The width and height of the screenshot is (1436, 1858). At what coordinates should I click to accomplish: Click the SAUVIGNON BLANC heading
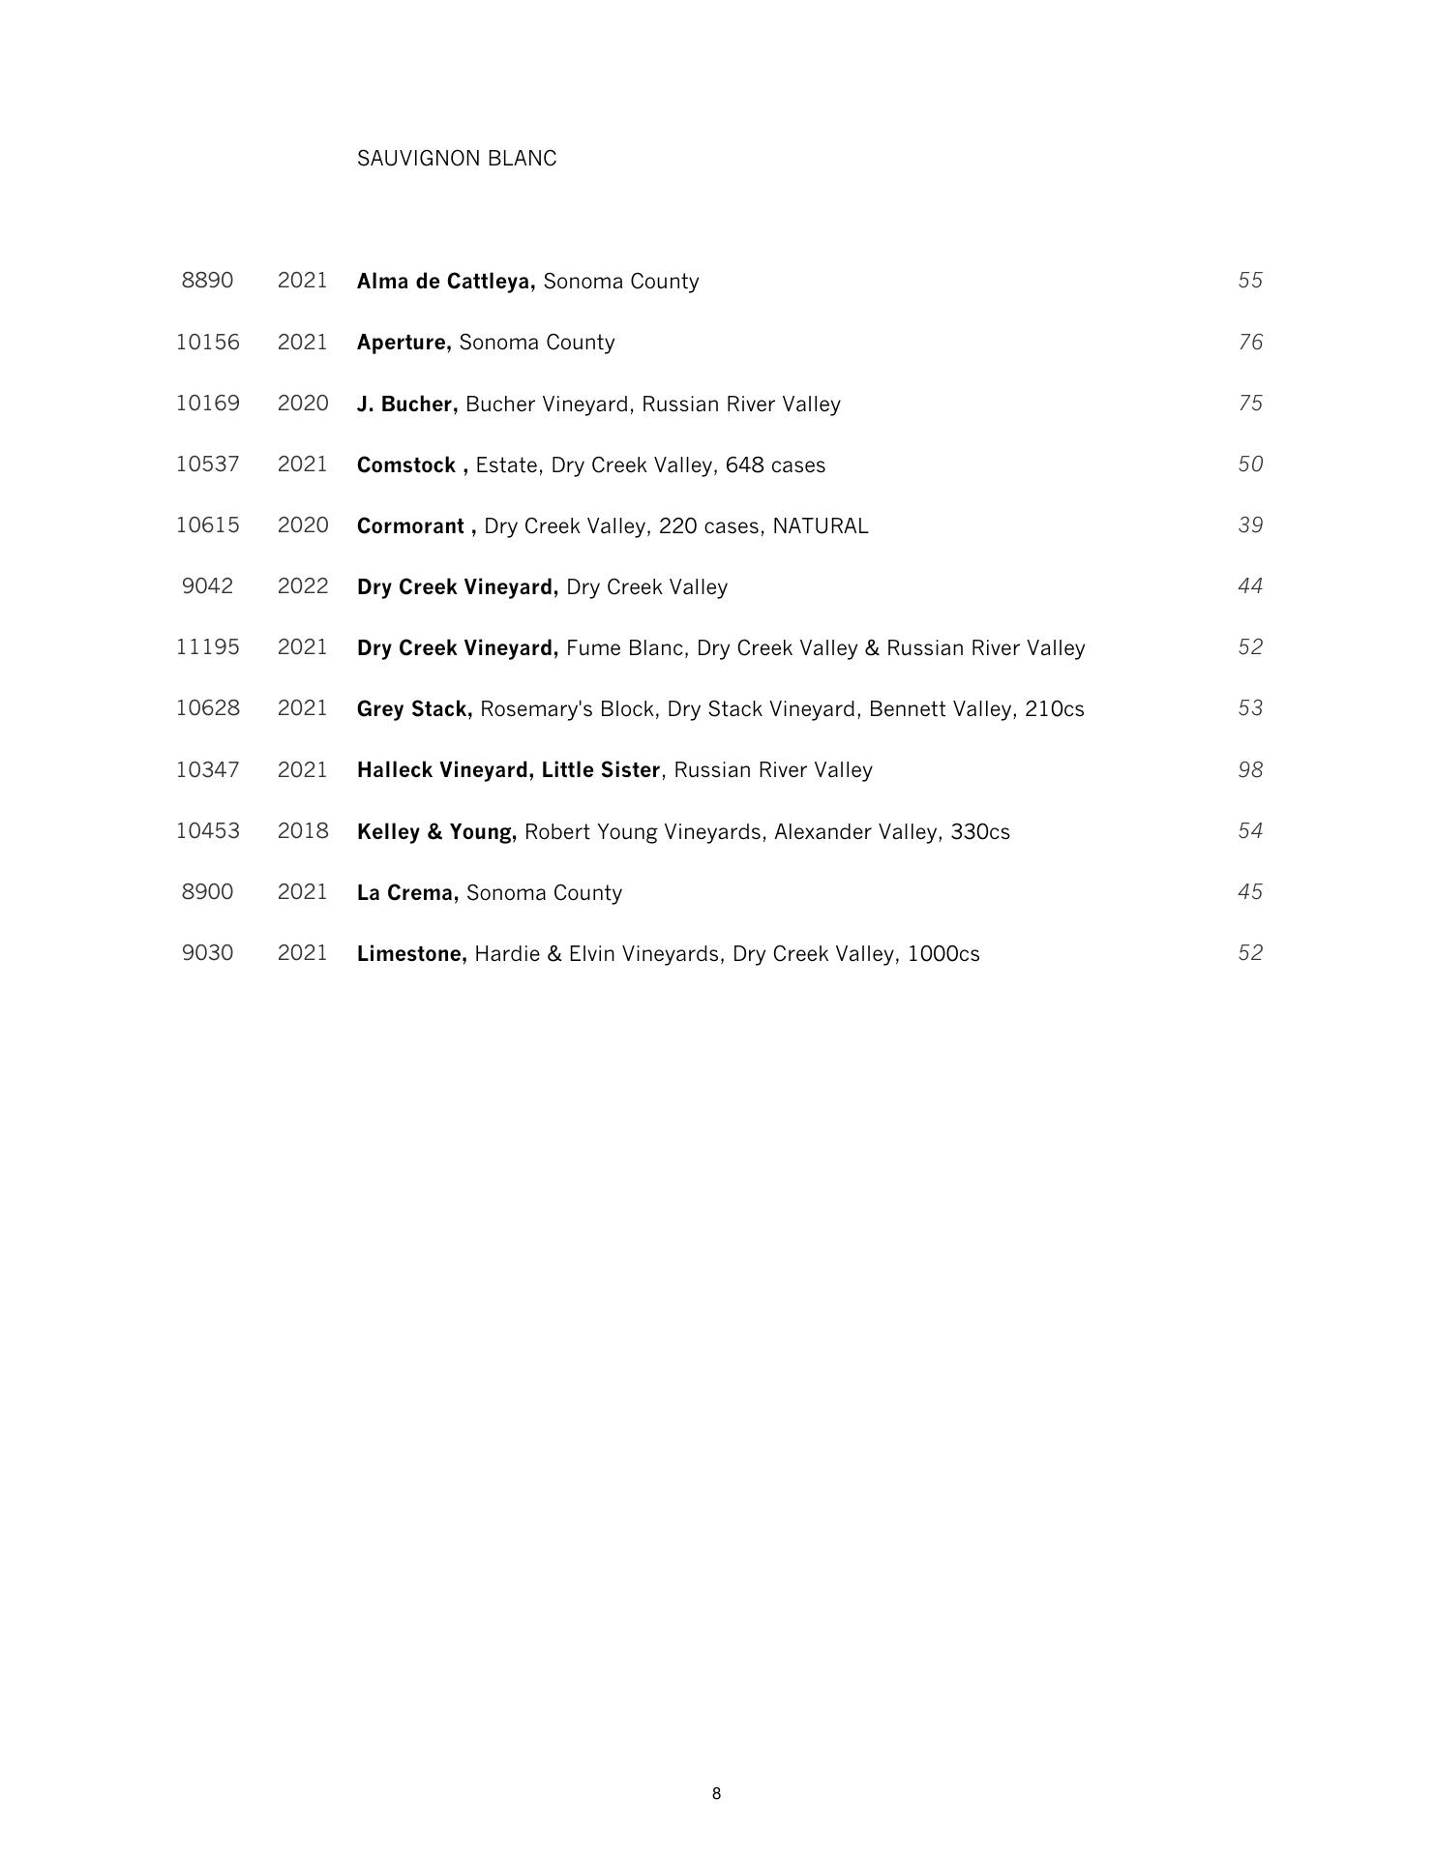point(457,159)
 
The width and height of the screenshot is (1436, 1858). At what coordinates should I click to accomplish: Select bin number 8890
point(207,281)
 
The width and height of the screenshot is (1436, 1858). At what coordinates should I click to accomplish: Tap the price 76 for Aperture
point(1250,343)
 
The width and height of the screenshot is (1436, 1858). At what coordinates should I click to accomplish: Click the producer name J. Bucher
point(406,405)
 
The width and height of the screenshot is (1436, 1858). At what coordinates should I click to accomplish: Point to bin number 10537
point(207,464)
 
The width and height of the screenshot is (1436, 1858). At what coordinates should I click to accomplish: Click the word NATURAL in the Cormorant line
point(820,526)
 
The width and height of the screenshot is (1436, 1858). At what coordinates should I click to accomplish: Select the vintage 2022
point(303,586)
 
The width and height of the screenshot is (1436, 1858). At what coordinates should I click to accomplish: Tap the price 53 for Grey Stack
point(1250,708)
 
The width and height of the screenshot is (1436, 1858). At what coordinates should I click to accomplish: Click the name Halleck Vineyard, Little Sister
point(508,770)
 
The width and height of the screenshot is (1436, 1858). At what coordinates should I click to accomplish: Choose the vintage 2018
point(303,831)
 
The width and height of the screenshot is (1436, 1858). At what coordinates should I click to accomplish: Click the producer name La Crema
point(407,893)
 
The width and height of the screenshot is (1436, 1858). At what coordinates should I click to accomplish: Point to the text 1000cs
point(943,954)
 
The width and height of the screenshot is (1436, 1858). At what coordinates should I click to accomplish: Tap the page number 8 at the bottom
point(716,1793)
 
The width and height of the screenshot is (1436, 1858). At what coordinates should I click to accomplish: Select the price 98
point(1250,770)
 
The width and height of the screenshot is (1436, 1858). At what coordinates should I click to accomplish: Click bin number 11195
point(207,647)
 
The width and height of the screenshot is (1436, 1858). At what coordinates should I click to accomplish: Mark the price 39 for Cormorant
point(1250,525)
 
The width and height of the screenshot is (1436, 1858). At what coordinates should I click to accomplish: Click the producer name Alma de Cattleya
point(445,282)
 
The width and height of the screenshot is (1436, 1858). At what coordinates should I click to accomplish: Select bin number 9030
point(207,953)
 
